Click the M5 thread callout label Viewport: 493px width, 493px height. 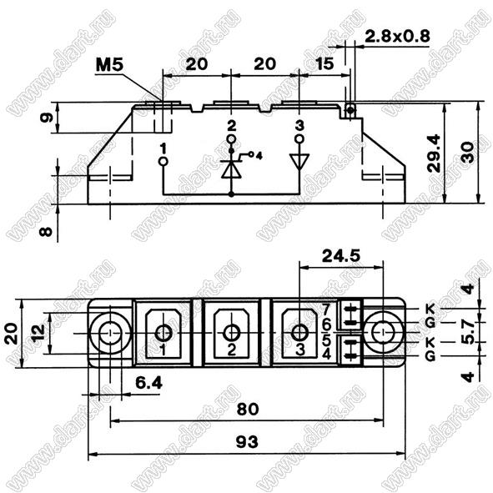point(109,65)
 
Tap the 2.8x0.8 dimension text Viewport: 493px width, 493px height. point(397,37)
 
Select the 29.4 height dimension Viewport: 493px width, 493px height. point(434,153)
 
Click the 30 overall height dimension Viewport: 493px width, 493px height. point(469,153)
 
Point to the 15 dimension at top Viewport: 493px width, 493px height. point(324,64)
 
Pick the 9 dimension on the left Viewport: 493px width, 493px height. point(47,118)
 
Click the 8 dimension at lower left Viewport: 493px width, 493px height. point(46,232)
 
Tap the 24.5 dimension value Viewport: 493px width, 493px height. point(341,255)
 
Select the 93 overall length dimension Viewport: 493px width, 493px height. point(247,442)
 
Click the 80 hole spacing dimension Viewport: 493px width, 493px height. point(248,409)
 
